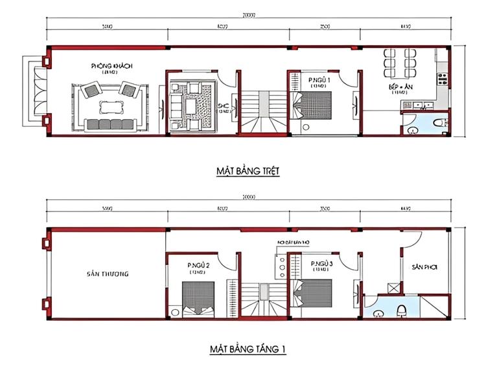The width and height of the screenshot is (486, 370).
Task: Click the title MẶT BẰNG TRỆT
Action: pyautogui.click(x=248, y=171)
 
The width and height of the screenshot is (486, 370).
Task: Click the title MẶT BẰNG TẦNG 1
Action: pyautogui.click(x=248, y=349)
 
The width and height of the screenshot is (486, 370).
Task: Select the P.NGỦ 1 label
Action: pyautogui.click(x=319, y=80)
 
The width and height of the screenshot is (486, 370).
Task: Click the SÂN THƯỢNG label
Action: pyautogui.click(x=108, y=274)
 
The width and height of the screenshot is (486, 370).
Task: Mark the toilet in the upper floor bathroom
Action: pyautogui.click(x=402, y=310)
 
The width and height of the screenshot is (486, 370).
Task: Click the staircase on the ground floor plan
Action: pyautogui.click(x=262, y=110)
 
